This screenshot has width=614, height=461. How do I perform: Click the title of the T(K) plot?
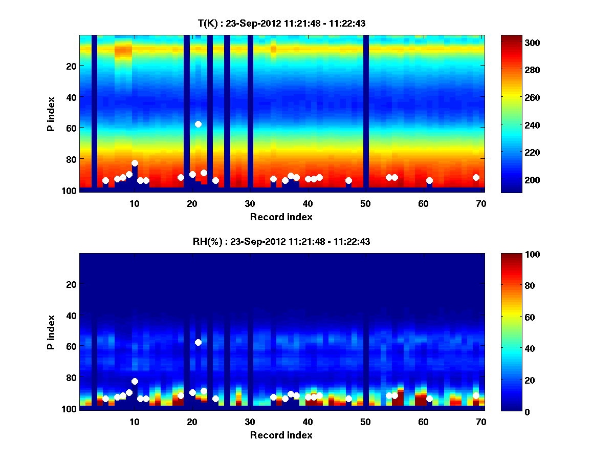[x=281, y=23]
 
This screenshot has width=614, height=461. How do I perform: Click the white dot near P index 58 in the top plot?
[x=198, y=124]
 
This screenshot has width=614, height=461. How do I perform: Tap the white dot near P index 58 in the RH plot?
[x=198, y=342]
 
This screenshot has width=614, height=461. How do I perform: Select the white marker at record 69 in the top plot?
[x=476, y=177]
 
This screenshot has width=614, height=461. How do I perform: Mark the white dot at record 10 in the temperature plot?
[x=135, y=163]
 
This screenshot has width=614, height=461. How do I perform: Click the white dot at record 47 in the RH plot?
[x=348, y=399]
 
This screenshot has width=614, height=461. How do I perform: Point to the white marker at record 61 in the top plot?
[x=429, y=180]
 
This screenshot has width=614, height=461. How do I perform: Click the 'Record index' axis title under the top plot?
[x=281, y=217]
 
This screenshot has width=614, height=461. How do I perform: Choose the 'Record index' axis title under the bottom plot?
[x=281, y=435]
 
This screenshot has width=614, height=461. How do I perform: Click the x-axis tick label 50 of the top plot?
[x=365, y=203]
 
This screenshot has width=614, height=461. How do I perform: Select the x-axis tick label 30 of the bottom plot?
[x=250, y=422]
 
